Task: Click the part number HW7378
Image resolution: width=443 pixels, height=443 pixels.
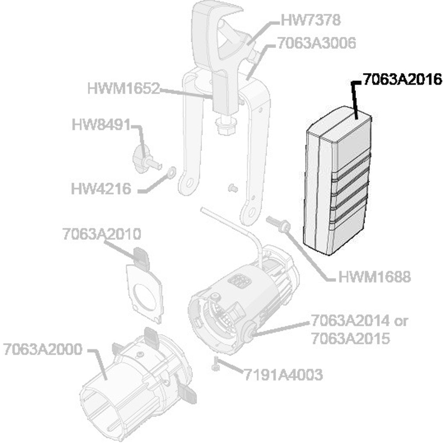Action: [x=311, y=20]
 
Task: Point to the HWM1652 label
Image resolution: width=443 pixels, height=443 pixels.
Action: [x=123, y=89]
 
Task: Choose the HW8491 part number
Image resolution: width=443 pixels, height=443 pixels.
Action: [x=100, y=125]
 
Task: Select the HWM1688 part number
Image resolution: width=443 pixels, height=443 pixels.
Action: [x=374, y=276]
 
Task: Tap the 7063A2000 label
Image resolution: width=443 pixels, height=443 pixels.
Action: [x=42, y=349]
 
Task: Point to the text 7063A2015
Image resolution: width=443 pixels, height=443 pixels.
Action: [x=351, y=338]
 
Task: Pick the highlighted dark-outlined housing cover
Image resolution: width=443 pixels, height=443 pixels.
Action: [x=337, y=182]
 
